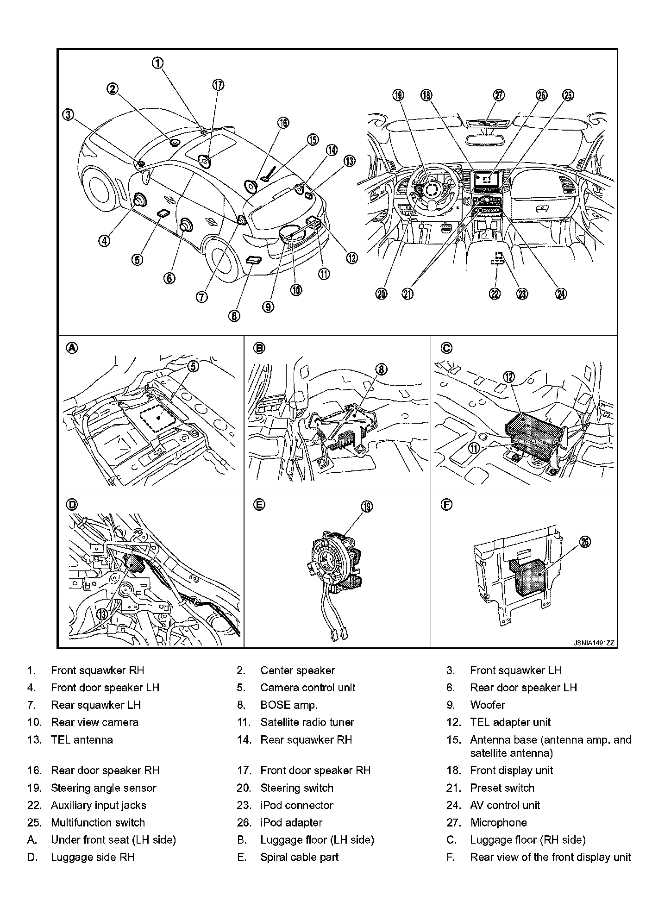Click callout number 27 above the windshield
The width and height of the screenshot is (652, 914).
[498, 95]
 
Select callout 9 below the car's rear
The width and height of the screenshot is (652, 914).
[268, 307]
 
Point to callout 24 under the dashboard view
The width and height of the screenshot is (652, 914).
[561, 294]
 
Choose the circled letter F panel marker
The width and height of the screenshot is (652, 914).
[446, 505]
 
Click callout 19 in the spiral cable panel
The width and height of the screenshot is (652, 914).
[366, 507]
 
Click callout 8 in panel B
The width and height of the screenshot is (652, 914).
[380, 369]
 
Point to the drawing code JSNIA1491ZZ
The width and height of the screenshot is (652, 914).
[594, 643]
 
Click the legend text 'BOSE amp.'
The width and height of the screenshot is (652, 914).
[289, 705]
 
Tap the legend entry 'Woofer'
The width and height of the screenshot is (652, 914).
[487, 705]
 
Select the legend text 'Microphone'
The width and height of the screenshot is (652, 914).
[498, 822]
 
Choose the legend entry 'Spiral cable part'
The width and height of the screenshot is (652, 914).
[299, 857]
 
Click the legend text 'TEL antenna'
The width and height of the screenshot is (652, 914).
[82, 739]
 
